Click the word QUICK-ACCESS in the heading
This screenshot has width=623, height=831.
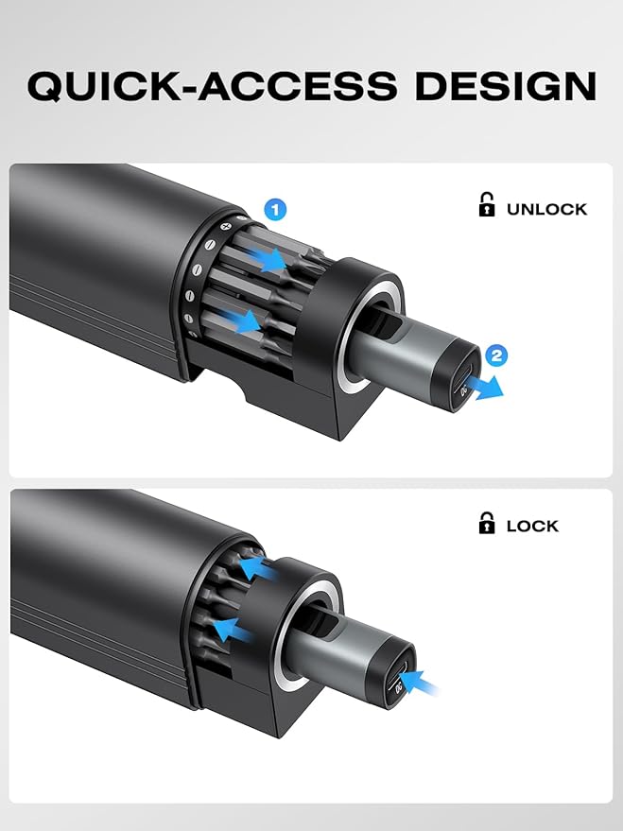click(x=212, y=85)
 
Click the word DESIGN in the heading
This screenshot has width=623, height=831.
click(x=506, y=85)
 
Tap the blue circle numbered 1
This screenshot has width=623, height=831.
click(x=275, y=210)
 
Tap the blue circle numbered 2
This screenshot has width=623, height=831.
click(x=496, y=355)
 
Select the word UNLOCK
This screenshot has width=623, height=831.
click(x=546, y=209)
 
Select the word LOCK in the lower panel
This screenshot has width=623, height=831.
click(x=532, y=526)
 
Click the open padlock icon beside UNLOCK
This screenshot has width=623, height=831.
click(x=486, y=204)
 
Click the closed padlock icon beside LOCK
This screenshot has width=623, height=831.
click(x=486, y=523)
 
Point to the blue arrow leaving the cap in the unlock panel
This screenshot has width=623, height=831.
click(x=489, y=388)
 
